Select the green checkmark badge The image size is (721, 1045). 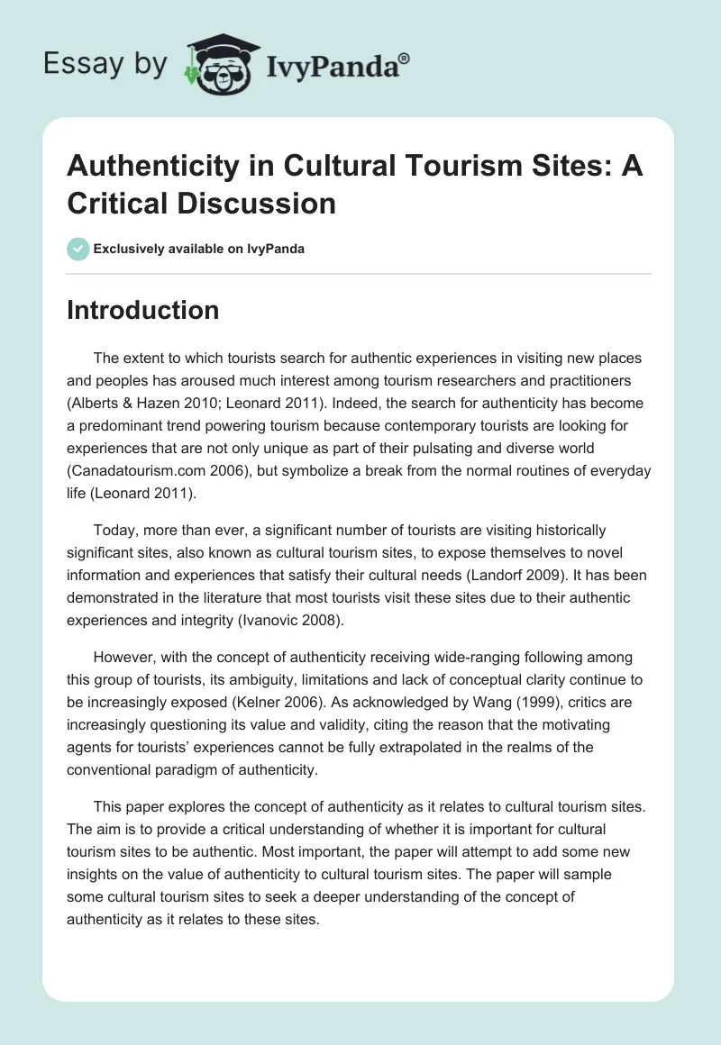coord(78,249)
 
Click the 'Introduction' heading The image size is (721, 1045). coord(143,310)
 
